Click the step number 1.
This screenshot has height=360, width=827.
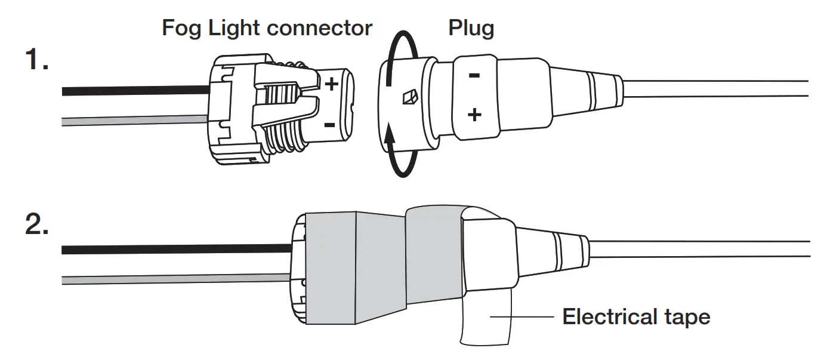(x=36, y=60)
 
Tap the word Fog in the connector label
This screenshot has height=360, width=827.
(x=183, y=27)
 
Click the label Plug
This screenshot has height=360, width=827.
(x=471, y=27)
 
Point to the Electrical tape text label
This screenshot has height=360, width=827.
(x=636, y=316)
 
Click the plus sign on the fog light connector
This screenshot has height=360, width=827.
(x=331, y=84)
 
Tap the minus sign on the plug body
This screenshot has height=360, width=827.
(x=474, y=76)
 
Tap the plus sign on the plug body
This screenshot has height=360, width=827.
(x=474, y=115)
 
